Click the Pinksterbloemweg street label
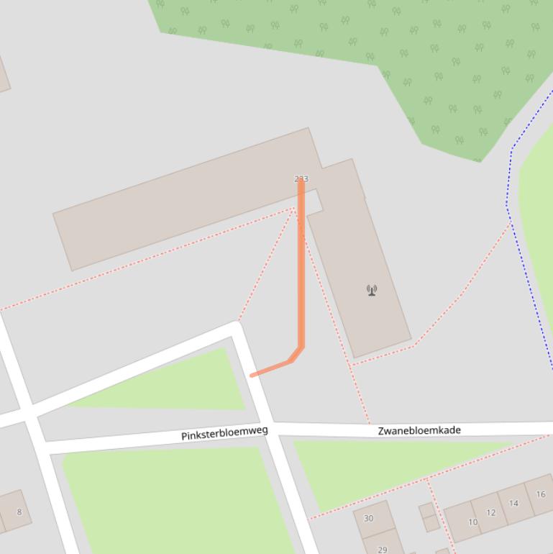click(224, 434)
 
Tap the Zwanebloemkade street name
click(419, 430)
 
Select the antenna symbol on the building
click(372, 290)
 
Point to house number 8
click(19, 512)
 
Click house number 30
click(369, 518)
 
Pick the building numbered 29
click(383, 549)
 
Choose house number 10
click(472, 522)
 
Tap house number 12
click(491, 512)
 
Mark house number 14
click(513, 503)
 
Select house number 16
click(540, 494)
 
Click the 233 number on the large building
click(301, 178)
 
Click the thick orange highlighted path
click(301, 273)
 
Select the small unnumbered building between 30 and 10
click(429, 517)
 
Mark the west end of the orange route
click(252, 375)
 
